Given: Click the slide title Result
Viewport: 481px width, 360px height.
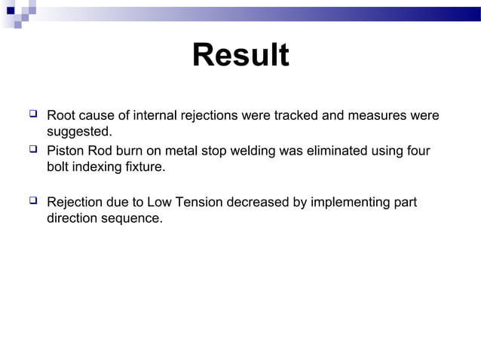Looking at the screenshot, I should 240,56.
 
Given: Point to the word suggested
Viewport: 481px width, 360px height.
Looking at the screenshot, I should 79,133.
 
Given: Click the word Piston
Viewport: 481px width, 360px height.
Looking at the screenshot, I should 66,151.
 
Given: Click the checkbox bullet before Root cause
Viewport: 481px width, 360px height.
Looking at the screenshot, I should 32,115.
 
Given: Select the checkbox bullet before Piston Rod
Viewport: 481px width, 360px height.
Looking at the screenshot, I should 32,151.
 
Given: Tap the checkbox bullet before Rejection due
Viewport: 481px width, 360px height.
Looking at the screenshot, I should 32,202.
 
